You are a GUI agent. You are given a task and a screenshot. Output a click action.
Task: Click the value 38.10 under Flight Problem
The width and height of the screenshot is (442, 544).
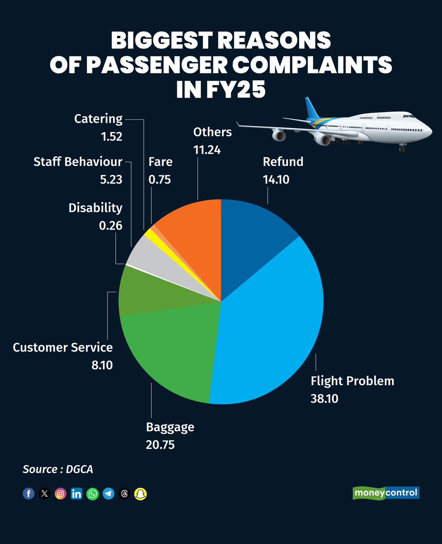(x=325, y=398)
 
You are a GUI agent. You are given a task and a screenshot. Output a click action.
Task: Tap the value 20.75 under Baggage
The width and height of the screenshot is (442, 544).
(x=160, y=444)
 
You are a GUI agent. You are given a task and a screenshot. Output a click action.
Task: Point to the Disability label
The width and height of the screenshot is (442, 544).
(x=95, y=208)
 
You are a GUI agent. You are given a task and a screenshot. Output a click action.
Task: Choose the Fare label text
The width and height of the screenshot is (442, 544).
(x=160, y=162)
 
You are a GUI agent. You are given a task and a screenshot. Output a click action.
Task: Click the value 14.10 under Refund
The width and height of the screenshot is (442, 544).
(x=276, y=180)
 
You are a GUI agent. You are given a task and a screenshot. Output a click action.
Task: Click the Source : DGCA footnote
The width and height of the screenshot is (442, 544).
(x=58, y=469)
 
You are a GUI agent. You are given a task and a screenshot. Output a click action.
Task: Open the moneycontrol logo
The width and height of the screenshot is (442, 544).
(x=386, y=493)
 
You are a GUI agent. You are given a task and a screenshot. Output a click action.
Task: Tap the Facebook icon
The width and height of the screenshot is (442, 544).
(x=29, y=494)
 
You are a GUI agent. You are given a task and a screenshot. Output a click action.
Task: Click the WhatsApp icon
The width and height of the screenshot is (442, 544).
(x=92, y=494)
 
